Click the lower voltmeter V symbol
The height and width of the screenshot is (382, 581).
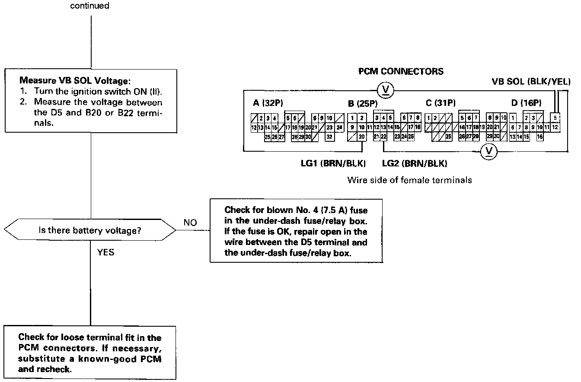(489, 151)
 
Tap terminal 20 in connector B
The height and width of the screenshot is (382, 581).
(361, 137)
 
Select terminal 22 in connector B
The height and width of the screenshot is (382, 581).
(383, 137)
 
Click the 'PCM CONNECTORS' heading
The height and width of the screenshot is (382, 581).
(401, 71)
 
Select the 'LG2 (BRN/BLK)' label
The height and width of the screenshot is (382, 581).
(415, 163)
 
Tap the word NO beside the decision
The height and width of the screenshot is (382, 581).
(190, 223)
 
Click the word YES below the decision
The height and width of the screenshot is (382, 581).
(105, 252)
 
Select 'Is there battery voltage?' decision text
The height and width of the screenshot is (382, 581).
(90, 230)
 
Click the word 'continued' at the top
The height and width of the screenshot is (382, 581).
(89, 6)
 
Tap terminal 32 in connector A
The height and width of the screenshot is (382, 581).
(329, 137)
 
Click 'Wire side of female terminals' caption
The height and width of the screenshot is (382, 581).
(409, 180)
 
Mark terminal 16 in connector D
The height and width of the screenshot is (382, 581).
(540, 137)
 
